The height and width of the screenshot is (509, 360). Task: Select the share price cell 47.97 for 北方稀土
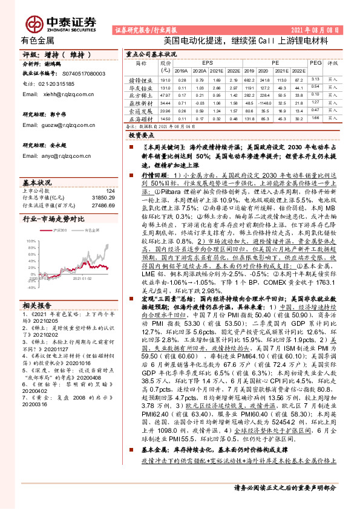tap(165, 95)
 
